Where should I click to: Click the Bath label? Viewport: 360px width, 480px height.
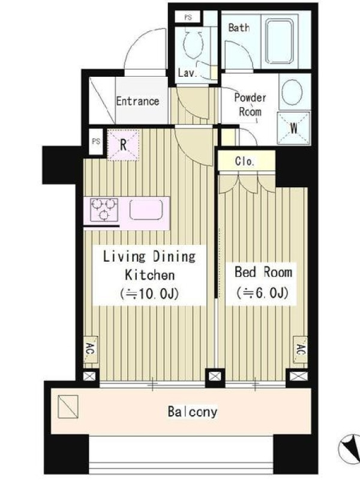pyautogui.click(x=239, y=28)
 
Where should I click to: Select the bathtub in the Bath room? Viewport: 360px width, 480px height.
pyautogui.click(x=280, y=41)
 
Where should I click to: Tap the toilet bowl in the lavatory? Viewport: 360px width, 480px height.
pyautogui.click(x=193, y=43)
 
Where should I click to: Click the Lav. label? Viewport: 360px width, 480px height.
pyautogui.click(x=187, y=73)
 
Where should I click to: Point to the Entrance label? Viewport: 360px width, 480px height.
pyautogui.click(x=137, y=101)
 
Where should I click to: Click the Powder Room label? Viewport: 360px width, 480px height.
pyautogui.click(x=250, y=104)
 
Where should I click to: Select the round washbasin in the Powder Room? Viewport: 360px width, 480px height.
pyautogui.click(x=292, y=92)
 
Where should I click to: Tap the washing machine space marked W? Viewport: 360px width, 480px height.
pyautogui.click(x=293, y=128)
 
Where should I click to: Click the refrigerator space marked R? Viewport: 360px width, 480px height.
pyautogui.click(x=124, y=145)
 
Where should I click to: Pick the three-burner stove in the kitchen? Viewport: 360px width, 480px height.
pyautogui.click(x=104, y=209)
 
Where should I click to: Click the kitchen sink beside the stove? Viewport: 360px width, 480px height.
pyautogui.click(x=146, y=210)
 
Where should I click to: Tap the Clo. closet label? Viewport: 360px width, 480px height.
pyautogui.click(x=245, y=161)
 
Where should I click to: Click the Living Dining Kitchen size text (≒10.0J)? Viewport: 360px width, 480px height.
pyautogui.click(x=149, y=294)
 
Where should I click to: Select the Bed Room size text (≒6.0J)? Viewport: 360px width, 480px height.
pyautogui.click(x=262, y=293)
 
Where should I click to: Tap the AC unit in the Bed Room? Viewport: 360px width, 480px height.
pyautogui.click(x=301, y=350)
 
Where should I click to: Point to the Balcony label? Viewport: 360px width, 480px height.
pyautogui.click(x=193, y=412)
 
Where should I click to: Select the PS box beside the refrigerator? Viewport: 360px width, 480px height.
pyautogui.click(x=96, y=142)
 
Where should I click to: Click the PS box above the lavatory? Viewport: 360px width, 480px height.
pyautogui.click(x=188, y=17)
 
